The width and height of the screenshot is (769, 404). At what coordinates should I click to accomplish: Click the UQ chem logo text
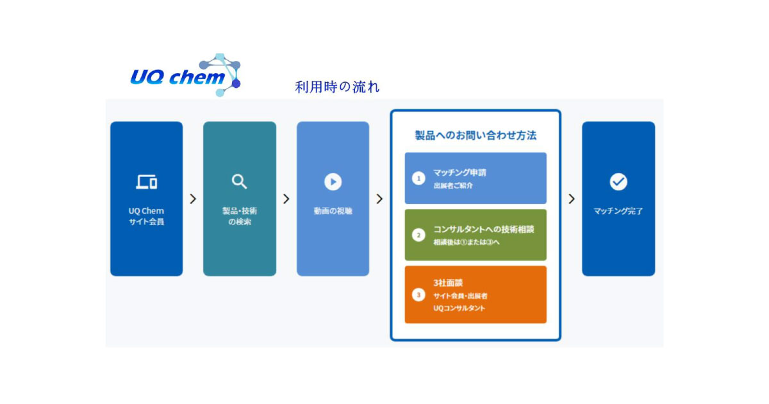tap(176, 78)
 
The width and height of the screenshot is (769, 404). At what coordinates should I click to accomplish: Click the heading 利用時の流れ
tap(337, 87)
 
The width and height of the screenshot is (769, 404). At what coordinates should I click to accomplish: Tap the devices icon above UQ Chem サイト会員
tap(146, 182)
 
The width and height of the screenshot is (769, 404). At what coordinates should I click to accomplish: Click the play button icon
tap(333, 182)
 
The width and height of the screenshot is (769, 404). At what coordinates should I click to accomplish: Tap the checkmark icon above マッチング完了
tap(618, 182)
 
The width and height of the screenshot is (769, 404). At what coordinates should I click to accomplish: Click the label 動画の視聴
tap(333, 210)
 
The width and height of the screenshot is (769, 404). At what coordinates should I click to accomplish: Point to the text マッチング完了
tap(618, 210)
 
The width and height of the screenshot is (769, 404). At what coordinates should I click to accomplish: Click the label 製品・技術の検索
tap(239, 216)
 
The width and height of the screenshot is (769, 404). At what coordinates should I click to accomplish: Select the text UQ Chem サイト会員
tap(146, 216)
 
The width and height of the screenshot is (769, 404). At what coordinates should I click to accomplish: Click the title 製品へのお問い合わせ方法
tap(475, 135)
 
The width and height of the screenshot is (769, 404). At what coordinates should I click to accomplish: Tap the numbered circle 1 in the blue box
tap(418, 178)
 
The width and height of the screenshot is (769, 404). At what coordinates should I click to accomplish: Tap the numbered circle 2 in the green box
tap(418, 235)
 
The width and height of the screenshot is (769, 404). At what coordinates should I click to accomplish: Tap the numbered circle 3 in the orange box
tap(418, 295)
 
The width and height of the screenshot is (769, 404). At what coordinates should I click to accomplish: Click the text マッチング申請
tap(459, 173)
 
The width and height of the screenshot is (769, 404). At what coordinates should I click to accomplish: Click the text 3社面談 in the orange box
tap(449, 282)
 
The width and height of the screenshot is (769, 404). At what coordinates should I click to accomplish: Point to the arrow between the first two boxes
tap(193, 199)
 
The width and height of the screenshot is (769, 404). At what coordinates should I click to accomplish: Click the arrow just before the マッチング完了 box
tap(571, 199)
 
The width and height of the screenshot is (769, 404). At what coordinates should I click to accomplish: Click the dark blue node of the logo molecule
tap(236, 83)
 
